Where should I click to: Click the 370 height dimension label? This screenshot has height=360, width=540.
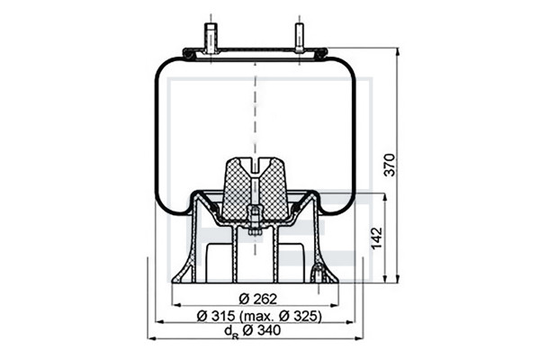pyautogui.click(x=390, y=165)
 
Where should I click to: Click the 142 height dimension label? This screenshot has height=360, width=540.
pyautogui.click(x=377, y=238)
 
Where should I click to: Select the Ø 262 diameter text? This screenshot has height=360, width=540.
pyautogui.click(x=257, y=299)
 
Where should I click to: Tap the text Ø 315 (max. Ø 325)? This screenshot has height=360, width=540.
pyautogui.click(x=259, y=316)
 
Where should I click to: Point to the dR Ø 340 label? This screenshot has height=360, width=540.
pyautogui.click(x=252, y=331)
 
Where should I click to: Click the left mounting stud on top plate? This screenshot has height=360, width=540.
pyautogui.click(x=210, y=38)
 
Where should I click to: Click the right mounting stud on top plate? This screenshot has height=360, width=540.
pyautogui.click(x=300, y=38)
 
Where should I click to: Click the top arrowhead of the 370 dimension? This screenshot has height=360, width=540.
pyautogui.click(x=398, y=52)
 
